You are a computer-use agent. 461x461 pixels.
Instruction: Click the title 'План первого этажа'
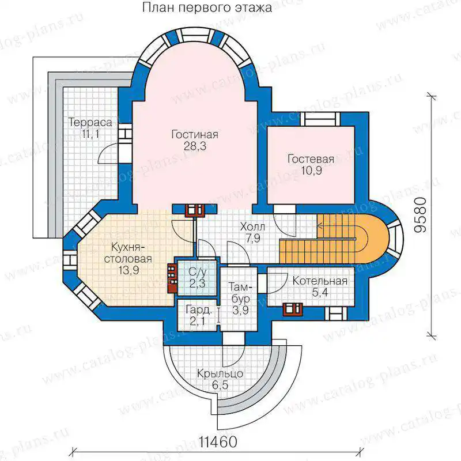click(x=207, y=8)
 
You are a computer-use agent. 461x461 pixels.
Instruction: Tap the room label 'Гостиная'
click(x=195, y=135)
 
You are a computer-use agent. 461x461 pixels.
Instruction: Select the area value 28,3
click(x=195, y=146)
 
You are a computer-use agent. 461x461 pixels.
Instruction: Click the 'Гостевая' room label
click(x=311, y=159)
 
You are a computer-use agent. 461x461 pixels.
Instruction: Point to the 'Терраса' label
click(x=90, y=122)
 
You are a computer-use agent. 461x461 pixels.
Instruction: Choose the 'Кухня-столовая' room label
click(x=128, y=253)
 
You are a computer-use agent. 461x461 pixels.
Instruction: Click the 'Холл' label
click(x=252, y=226)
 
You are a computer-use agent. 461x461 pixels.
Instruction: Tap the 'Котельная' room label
click(x=320, y=281)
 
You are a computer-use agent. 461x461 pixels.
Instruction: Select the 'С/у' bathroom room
click(x=197, y=278)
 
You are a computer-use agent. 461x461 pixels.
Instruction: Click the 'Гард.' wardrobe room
click(x=198, y=315)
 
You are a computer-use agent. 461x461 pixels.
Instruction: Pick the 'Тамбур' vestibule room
click(x=239, y=298)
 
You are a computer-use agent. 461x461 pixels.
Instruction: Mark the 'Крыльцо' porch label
click(x=220, y=373)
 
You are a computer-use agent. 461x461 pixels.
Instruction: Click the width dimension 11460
click(x=218, y=441)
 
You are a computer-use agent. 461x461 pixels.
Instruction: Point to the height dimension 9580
click(x=421, y=215)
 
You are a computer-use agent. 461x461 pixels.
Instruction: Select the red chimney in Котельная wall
click(x=293, y=309)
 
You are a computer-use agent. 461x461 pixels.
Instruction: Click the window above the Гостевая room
click(x=322, y=119)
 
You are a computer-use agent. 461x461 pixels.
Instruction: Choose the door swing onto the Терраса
click(x=109, y=153)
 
